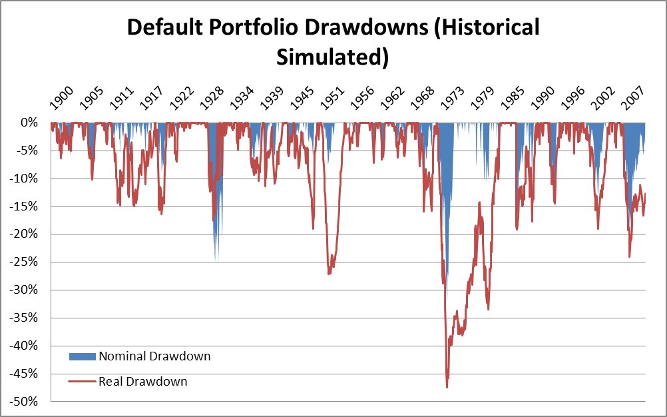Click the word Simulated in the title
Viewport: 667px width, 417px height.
click(332, 57)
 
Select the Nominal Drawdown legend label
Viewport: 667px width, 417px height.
click(154, 356)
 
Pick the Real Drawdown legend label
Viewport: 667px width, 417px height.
click(143, 382)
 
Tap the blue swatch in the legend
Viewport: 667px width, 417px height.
click(83, 356)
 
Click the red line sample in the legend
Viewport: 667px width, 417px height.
click(83, 382)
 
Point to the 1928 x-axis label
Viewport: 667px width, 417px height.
click(214, 99)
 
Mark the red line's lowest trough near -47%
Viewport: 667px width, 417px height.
click(447, 387)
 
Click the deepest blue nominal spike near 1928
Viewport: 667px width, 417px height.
click(216, 259)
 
